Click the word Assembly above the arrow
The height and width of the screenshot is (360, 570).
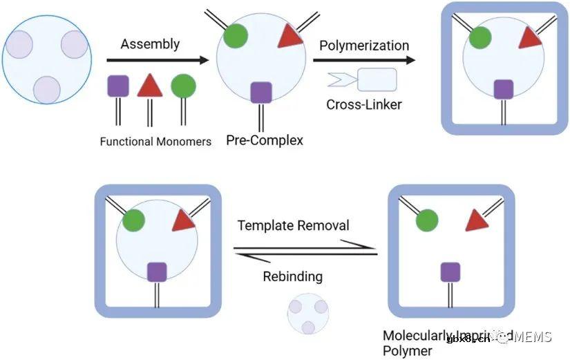(150, 44)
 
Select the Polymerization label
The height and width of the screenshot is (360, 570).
(364, 46)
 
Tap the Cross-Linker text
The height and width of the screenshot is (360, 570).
(363, 105)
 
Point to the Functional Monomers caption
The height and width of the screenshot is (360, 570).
(155, 142)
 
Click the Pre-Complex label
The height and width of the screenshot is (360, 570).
(265, 140)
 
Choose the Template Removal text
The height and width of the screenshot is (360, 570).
(293, 225)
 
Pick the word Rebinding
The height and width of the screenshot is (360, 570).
(292, 276)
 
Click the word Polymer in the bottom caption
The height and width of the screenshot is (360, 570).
(408, 351)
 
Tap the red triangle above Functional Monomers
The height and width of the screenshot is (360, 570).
(149, 86)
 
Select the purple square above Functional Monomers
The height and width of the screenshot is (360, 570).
(118, 86)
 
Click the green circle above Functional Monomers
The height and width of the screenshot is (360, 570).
(183, 86)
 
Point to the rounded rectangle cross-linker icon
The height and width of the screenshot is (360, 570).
(377, 79)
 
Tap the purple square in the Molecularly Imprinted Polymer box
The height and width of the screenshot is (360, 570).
(451, 272)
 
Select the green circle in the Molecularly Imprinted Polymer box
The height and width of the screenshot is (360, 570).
(428, 220)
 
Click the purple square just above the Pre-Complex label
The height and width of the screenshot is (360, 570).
(260, 91)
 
